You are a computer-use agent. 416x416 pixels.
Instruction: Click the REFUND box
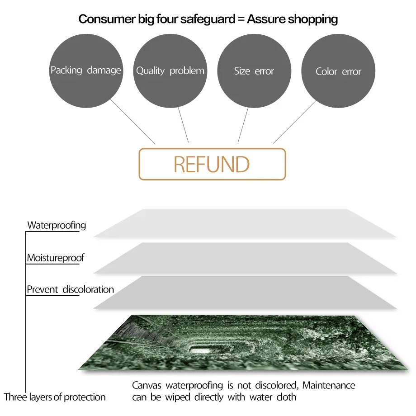pos(212,164)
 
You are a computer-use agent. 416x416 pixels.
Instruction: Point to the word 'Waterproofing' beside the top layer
pos(57,225)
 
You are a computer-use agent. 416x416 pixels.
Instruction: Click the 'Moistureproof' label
pos(56,258)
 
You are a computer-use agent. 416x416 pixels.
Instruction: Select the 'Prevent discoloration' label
pos(70,289)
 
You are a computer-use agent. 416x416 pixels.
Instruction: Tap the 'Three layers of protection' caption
pos(55,397)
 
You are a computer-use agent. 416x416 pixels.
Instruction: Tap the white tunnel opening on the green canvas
pos(199,349)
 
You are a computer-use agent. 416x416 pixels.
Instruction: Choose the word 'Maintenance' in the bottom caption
pos(329,386)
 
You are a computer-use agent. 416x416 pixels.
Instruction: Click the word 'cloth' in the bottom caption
pos(286,397)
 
